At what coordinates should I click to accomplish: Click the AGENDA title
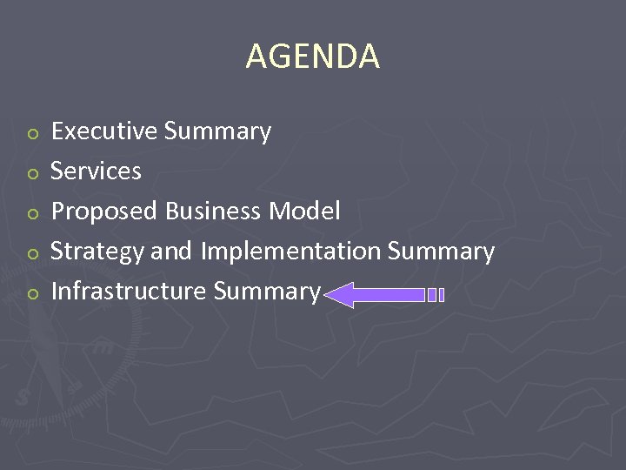312,57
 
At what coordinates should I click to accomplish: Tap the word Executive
104,131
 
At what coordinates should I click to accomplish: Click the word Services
96,171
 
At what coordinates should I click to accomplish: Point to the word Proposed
104,211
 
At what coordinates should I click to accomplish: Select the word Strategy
97,252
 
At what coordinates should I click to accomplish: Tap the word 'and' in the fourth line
172,252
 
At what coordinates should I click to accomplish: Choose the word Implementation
291,252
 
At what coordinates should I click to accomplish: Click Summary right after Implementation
441,252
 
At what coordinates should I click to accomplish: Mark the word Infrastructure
129,291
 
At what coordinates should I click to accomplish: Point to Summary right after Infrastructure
266,292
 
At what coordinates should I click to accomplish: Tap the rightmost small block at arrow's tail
442,295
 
